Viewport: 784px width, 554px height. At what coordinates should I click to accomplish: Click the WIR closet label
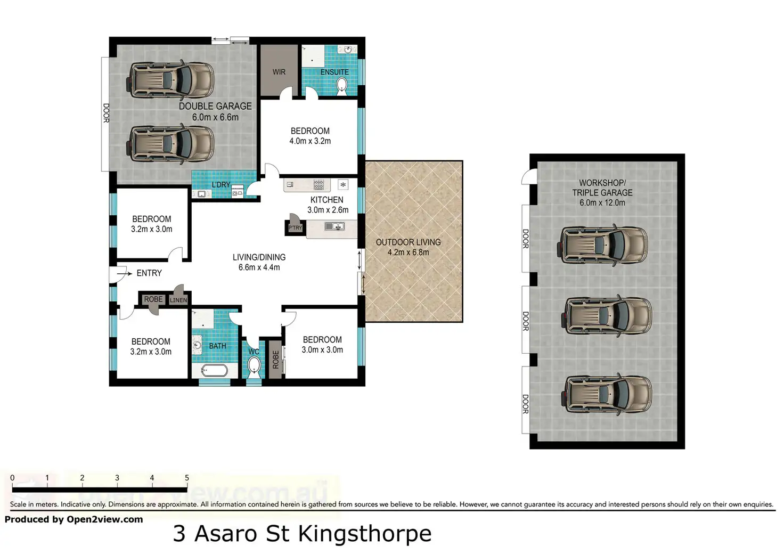(279, 72)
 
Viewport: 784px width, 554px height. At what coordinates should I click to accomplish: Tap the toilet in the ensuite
(341, 86)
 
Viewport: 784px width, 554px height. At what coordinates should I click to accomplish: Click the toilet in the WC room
(254, 367)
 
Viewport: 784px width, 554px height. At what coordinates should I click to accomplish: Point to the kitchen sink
(334, 226)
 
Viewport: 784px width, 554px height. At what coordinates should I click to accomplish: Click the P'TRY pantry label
(295, 228)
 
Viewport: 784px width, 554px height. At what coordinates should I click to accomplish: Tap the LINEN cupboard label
(178, 300)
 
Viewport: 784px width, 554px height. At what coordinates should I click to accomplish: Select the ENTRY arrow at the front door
(124, 273)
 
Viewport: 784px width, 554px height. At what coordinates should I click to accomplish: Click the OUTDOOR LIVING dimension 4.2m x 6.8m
(408, 252)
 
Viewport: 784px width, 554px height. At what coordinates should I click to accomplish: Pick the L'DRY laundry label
(221, 185)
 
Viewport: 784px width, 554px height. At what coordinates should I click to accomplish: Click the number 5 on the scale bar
(187, 478)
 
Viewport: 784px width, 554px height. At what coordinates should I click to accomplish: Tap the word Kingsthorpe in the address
(365, 534)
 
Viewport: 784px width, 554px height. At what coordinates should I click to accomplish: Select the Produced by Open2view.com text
(74, 519)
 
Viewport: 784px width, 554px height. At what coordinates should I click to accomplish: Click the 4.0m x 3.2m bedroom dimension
(310, 141)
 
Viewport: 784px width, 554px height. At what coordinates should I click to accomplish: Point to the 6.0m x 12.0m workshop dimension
(602, 202)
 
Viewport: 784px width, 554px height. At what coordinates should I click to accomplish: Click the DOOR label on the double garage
(106, 113)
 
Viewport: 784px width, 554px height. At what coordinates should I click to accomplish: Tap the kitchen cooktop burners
(318, 184)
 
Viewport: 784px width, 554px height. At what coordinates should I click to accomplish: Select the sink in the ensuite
(348, 50)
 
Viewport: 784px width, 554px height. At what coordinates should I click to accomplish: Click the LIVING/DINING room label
(259, 257)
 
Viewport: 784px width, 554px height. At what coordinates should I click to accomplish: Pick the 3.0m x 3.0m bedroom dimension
(322, 349)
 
